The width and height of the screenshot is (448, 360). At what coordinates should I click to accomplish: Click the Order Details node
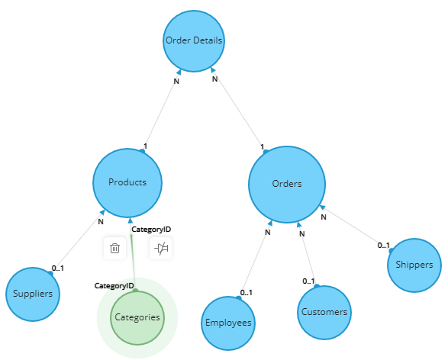(194, 41)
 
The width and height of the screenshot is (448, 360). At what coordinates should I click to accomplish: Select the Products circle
(127, 183)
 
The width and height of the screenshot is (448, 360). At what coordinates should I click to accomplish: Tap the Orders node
(287, 185)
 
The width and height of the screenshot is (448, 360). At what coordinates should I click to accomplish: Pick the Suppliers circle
(33, 294)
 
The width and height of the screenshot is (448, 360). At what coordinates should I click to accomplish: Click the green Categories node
(137, 318)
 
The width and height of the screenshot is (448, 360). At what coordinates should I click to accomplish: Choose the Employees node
(228, 323)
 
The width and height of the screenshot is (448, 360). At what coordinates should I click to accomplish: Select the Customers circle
(324, 312)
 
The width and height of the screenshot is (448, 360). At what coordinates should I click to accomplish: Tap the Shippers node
(414, 265)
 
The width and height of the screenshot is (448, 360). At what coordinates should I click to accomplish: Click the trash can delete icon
(114, 248)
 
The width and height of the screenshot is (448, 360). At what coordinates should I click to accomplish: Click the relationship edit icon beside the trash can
(161, 248)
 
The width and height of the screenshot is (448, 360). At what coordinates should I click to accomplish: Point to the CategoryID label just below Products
(151, 230)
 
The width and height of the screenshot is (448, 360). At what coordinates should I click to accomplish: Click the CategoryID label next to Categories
(114, 286)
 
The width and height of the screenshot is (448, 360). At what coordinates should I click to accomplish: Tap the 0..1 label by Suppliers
(58, 268)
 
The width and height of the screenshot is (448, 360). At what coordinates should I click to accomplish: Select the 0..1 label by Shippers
(383, 246)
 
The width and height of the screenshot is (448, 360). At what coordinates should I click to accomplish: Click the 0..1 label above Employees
(246, 293)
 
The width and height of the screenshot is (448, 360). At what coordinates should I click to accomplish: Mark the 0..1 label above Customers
(308, 281)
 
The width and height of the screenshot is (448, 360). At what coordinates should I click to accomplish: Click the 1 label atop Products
(145, 146)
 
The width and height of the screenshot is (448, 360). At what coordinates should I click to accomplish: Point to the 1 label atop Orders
(262, 147)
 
